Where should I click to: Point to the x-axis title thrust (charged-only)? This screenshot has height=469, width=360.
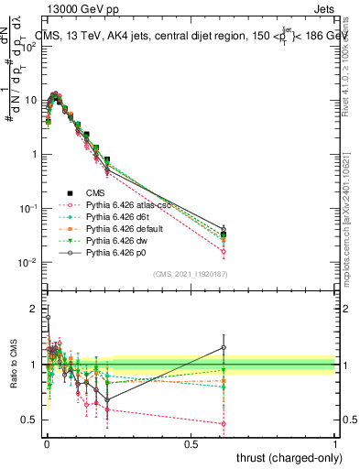(288, 457)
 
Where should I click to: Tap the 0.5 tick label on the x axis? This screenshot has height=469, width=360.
(191, 443)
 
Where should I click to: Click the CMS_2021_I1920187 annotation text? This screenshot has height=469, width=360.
(190, 274)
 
